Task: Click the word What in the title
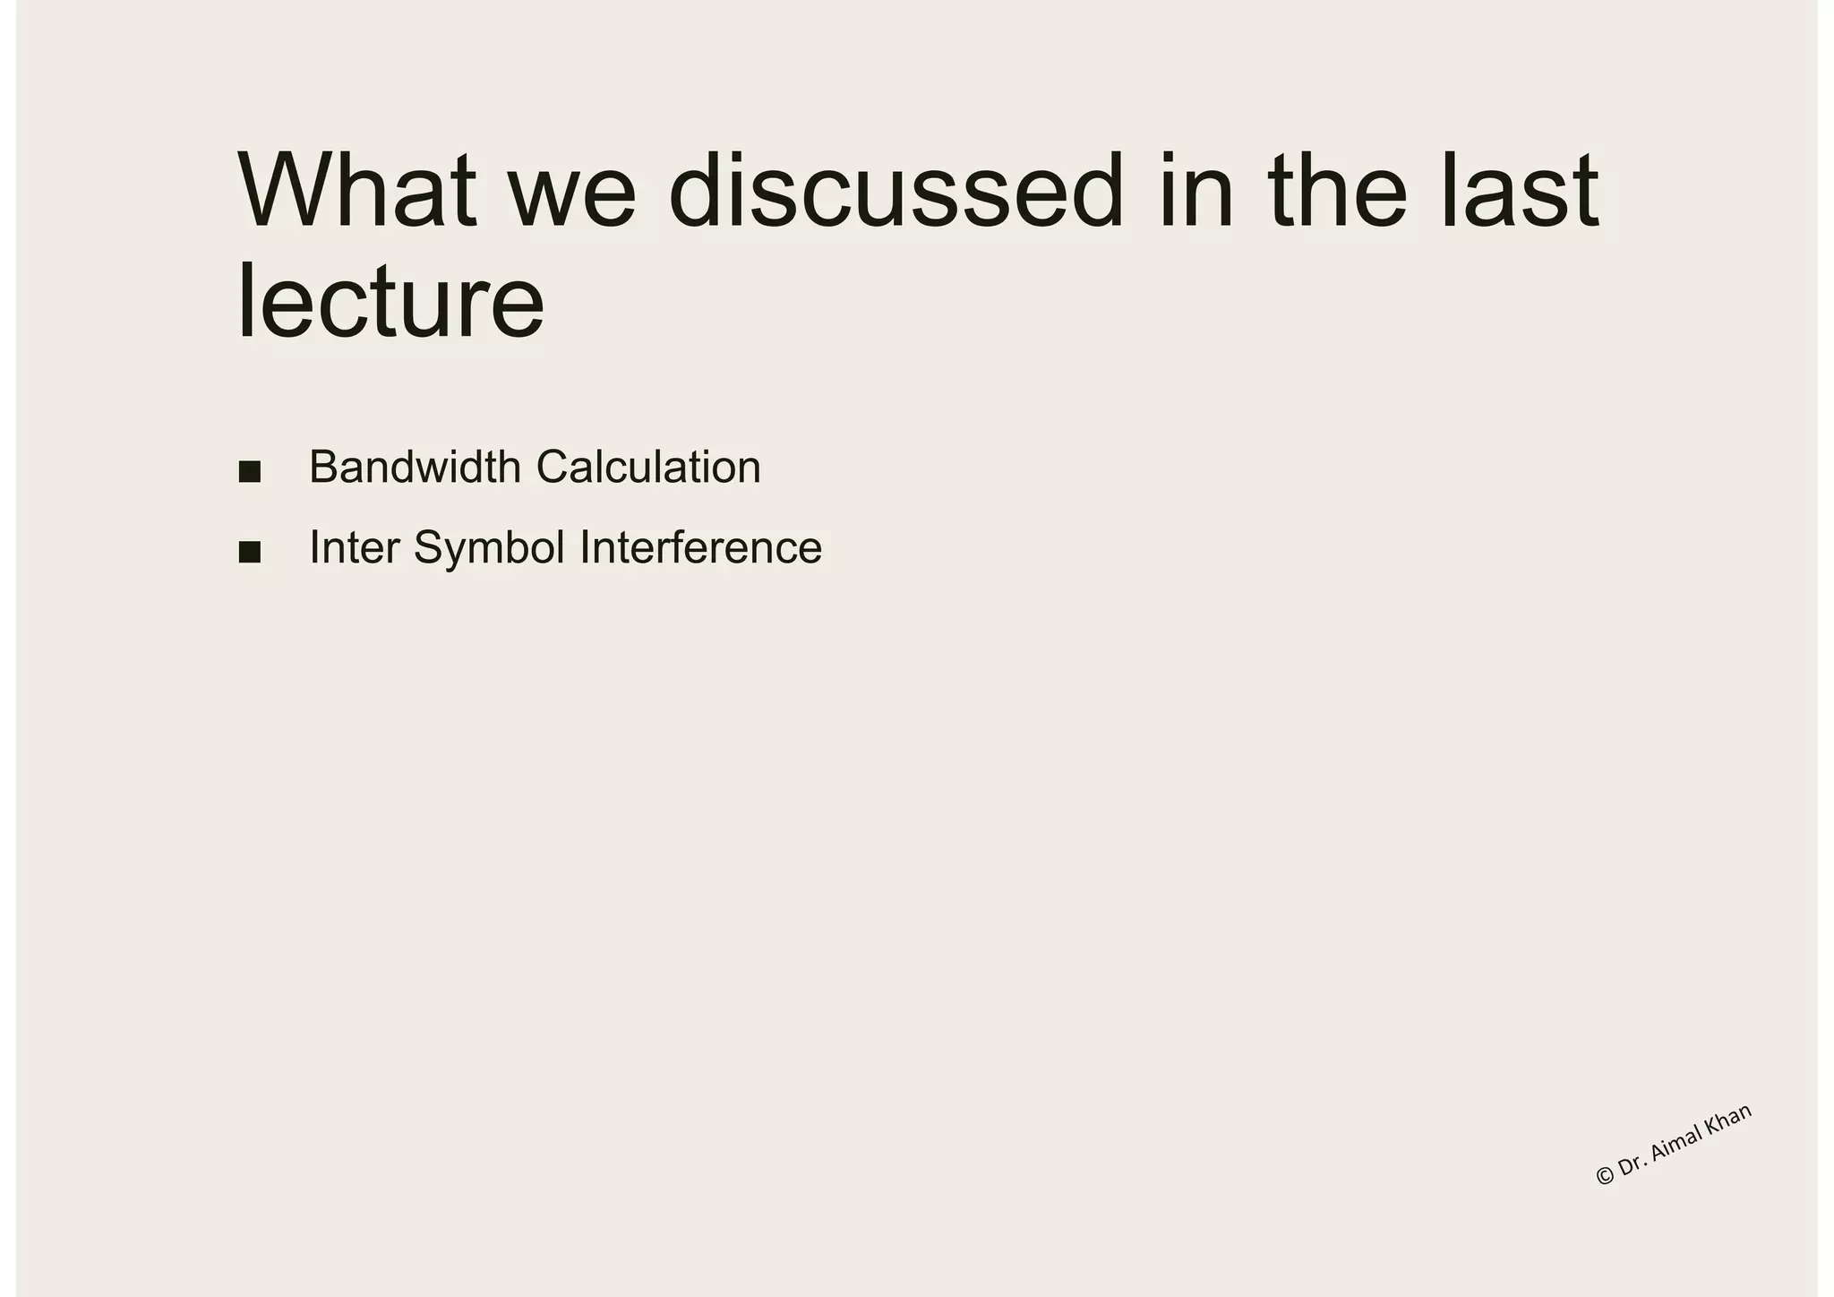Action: pos(356,191)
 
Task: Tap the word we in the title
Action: pos(573,191)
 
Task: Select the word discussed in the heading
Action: pos(896,191)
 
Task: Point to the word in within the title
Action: pos(1194,191)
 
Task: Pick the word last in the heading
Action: pos(1521,191)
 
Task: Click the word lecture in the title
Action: pos(390,302)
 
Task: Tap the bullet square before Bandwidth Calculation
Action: pos(250,471)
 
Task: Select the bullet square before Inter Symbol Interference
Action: pos(250,552)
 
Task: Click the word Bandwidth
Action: pos(415,468)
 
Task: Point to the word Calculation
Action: pos(648,468)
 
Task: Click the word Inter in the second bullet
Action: pos(355,548)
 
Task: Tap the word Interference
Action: pos(700,548)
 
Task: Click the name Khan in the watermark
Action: pos(1728,1116)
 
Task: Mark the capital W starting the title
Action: pos(281,191)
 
